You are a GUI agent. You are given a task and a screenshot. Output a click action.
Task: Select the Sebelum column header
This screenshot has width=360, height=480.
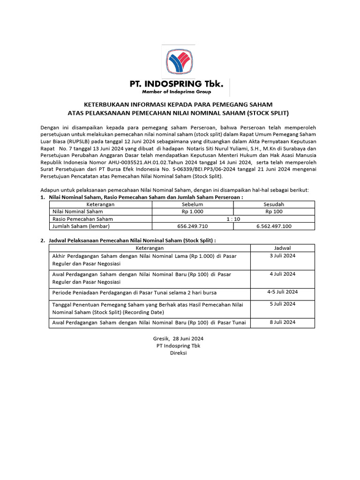(192, 204)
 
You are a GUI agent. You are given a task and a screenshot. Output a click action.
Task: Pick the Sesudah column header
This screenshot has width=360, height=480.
(274, 204)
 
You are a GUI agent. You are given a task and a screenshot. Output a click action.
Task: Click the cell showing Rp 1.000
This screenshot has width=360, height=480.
(192, 211)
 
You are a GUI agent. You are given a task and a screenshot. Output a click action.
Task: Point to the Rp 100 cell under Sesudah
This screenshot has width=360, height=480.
(274, 211)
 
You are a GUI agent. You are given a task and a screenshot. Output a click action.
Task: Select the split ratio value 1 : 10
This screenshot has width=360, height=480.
(233, 219)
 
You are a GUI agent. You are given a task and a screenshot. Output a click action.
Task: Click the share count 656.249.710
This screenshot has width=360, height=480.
(192, 226)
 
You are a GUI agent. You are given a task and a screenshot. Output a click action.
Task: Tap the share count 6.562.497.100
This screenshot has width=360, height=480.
(274, 226)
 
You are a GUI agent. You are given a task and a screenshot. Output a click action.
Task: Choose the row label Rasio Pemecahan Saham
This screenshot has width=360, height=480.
(82, 219)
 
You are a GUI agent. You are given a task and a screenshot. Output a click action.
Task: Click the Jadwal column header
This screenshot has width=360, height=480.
(282, 247)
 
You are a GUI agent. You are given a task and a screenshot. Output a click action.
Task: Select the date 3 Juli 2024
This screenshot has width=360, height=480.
(282, 255)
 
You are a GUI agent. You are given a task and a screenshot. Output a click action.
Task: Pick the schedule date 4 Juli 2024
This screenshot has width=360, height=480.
(282, 274)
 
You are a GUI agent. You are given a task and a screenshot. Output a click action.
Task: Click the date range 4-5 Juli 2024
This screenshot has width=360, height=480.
(282, 292)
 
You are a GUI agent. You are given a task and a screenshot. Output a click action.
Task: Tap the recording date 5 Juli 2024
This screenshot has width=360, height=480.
(282, 304)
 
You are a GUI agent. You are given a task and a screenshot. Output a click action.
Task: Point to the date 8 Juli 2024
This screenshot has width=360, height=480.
(282, 322)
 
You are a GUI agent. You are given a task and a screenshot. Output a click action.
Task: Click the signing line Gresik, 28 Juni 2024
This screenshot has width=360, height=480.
(178, 338)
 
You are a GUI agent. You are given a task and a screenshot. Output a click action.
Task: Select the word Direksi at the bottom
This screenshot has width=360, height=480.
(178, 353)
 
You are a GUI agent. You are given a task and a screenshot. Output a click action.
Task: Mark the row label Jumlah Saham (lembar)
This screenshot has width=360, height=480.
(81, 226)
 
